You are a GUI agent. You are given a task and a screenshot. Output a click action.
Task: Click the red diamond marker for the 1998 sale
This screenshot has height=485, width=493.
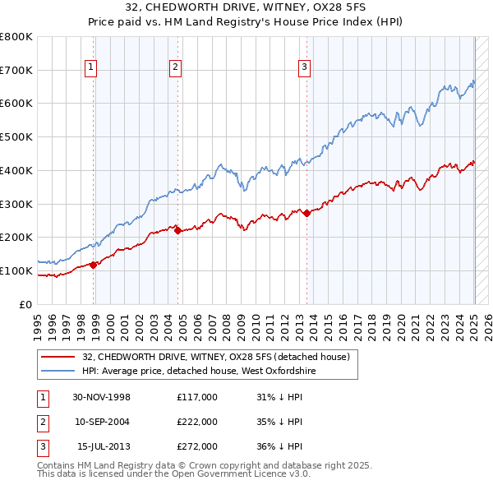[x=94, y=265]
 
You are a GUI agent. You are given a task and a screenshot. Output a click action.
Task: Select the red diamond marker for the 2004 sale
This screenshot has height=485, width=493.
[x=177, y=231]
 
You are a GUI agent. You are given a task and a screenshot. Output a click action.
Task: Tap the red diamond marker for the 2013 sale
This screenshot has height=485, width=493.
[x=306, y=213]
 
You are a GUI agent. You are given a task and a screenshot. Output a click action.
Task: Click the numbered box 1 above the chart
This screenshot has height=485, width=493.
[x=90, y=67]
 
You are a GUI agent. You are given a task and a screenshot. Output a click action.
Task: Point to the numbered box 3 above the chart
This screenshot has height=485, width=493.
[x=304, y=67]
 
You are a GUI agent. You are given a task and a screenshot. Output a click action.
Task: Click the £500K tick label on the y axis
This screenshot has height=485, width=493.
[x=16, y=137]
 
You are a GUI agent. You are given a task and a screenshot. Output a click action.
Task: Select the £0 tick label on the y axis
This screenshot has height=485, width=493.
[x=26, y=304]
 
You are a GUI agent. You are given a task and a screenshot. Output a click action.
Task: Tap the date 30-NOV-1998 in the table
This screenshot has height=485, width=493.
[x=102, y=397]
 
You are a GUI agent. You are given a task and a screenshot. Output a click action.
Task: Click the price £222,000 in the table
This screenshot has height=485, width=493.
[x=197, y=422]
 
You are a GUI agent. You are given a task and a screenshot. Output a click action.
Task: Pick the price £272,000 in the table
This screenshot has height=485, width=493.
[x=197, y=446]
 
